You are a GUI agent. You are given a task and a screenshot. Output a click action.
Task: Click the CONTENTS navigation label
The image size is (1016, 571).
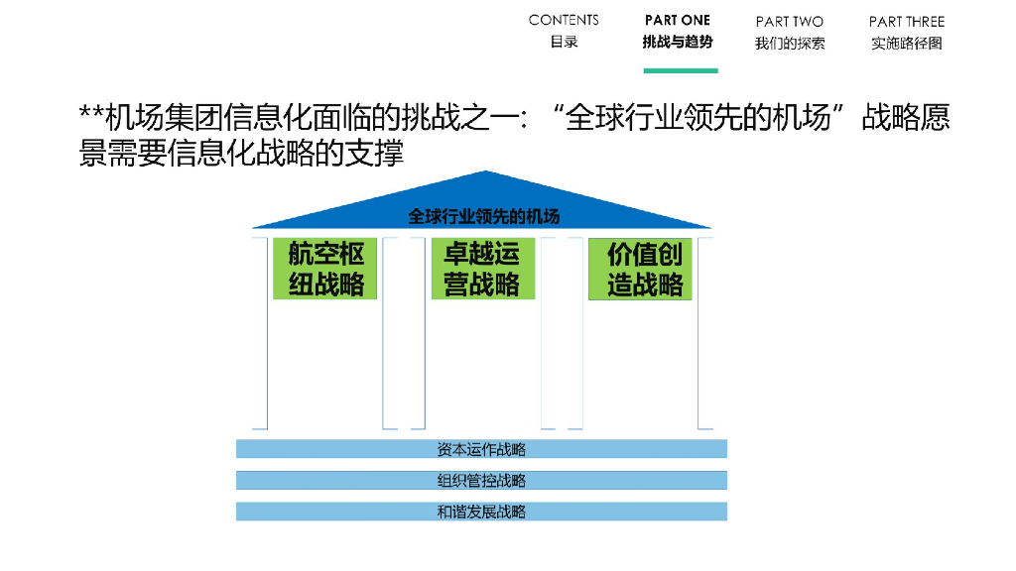pos(564,20)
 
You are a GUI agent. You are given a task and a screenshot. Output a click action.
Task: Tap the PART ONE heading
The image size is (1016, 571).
pos(678,20)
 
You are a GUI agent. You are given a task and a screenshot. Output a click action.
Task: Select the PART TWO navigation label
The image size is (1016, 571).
pos(789,21)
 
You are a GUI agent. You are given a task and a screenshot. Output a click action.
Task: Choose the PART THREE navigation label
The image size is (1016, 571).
pos(907,21)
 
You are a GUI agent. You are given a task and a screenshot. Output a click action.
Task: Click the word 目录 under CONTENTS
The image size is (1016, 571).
pos(564,43)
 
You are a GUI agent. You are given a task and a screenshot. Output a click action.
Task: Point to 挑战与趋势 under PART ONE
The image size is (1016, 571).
pos(678,43)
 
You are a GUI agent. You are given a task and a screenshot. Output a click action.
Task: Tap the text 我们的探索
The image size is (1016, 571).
pos(789,44)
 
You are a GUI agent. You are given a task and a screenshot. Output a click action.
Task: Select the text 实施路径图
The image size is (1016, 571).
pos(907,44)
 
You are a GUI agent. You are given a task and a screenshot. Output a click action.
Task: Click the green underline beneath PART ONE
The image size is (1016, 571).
pos(680,70)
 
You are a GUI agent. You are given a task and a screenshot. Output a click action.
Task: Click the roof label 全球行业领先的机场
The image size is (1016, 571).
pos(483,216)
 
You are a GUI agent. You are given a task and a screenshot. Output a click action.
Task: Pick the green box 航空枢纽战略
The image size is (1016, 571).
pos(326,269)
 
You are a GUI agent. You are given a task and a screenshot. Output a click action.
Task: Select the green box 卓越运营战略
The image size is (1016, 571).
pos(482,269)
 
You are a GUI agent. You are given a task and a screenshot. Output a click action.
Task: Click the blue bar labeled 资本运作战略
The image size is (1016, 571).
pos(481,449)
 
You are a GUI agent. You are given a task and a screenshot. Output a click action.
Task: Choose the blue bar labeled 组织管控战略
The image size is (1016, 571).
pos(481,481)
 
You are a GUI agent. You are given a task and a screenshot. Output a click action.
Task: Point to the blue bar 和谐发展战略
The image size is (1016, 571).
pos(481,512)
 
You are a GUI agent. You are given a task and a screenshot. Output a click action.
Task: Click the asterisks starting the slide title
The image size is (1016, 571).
pos(91,115)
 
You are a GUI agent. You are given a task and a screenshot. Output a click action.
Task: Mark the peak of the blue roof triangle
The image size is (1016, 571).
pos(483,174)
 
